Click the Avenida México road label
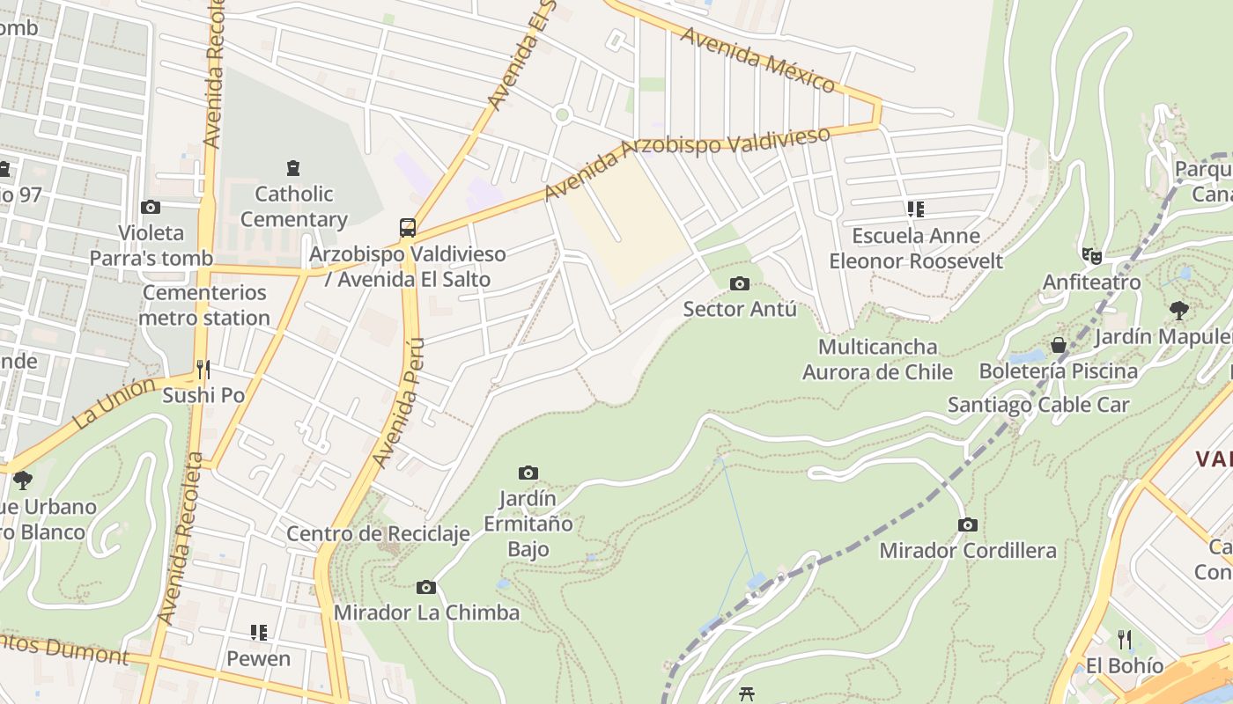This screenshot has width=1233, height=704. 757,60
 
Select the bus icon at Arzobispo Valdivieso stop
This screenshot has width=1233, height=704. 408,228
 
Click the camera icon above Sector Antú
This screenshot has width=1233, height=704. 740,283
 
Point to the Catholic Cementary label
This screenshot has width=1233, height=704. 293,207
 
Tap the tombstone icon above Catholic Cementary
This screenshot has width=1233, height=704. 293,167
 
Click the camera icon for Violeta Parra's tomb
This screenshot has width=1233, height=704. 151,208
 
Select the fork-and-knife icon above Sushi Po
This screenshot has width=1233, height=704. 203,369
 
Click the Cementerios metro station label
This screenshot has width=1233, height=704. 204,305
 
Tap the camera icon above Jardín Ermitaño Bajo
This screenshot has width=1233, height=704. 528,473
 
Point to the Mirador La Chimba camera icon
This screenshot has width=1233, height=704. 426,587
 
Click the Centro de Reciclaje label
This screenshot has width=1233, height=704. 378,534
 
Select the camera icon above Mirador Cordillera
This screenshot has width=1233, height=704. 968,525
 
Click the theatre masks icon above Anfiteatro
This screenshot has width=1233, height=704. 1092,256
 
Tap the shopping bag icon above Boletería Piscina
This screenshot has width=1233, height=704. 1059,345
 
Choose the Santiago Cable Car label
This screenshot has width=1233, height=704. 1037,405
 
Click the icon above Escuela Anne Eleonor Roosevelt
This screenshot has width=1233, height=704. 916,209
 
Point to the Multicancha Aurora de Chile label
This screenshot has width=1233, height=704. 877,359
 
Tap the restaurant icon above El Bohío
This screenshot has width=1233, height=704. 1125,639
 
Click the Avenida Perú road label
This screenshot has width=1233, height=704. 399,402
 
